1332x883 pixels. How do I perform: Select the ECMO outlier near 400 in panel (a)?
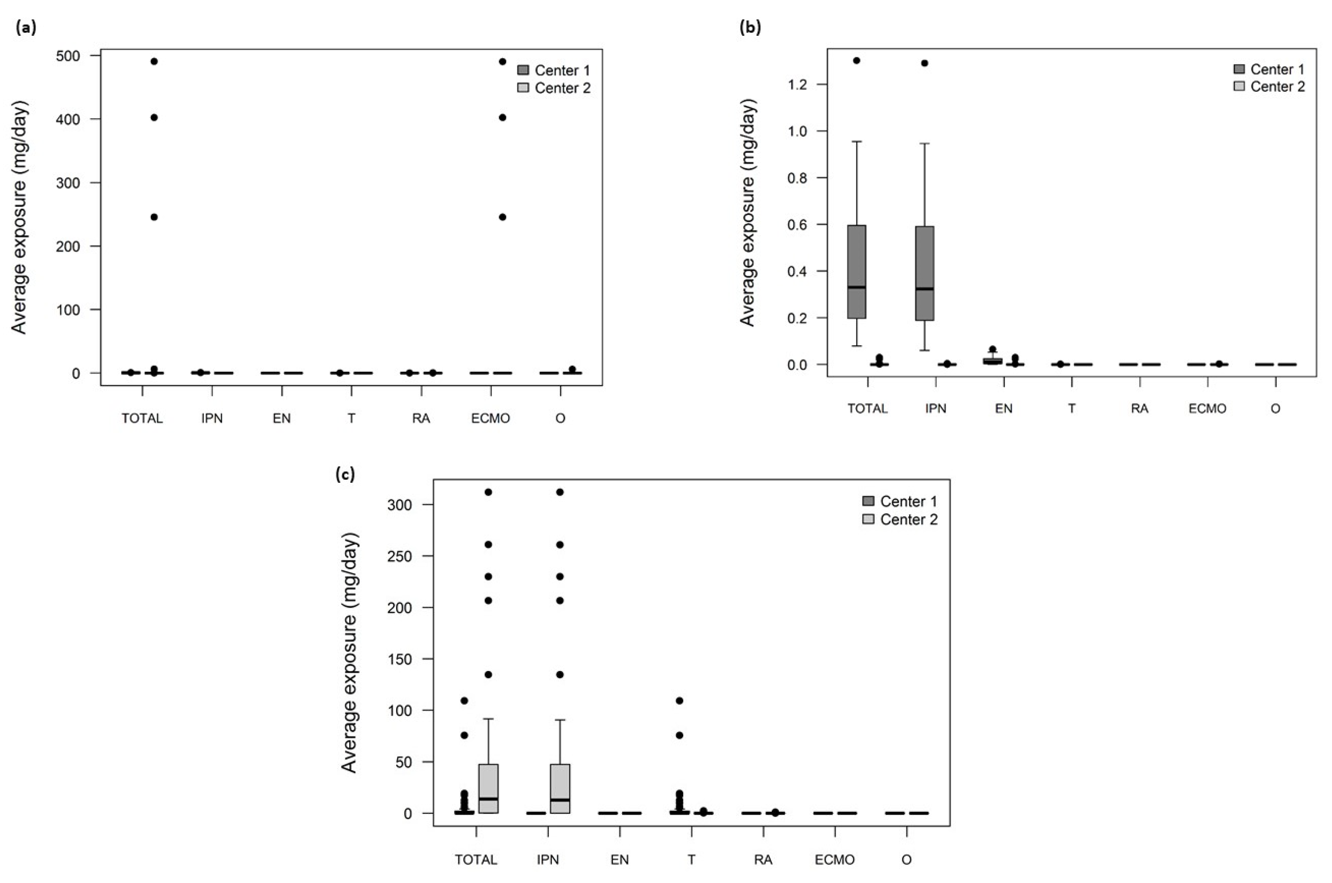pyautogui.click(x=503, y=117)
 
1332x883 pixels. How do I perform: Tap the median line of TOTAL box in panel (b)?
pyautogui.click(x=856, y=287)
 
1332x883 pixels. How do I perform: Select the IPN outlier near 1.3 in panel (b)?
pyautogui.click(x=924, y=63)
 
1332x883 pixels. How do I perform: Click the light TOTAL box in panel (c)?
pyautogui.click(x=488, y=788)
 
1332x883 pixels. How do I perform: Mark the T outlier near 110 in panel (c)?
pyautogui.click(x=679, y=701)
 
